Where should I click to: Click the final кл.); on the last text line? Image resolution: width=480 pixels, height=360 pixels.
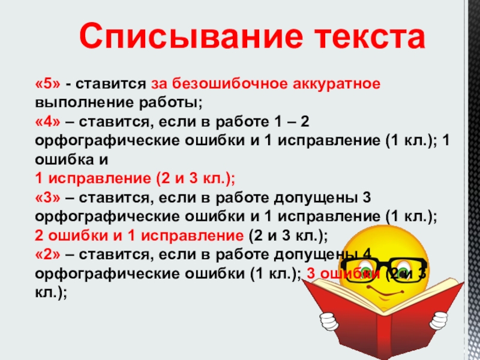(x=51, y=292)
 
